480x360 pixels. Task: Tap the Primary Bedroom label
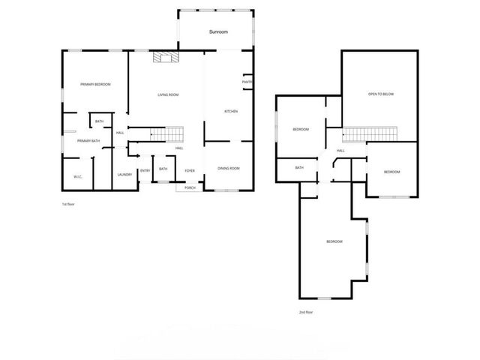click(96, 85)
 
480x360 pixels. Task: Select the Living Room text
click(168, 94)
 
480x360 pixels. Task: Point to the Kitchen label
click(231, 112)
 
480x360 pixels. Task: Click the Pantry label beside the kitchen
click(247, 82)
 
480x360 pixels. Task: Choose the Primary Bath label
click(88, 140)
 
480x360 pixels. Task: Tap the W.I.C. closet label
click(77, 176)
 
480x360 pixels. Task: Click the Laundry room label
click(124, 175)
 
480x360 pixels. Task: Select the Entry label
click(145, 170)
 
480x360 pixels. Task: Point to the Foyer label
click(190, 170)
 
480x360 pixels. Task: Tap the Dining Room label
click(229, 168)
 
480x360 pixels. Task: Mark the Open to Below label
click(380, 94)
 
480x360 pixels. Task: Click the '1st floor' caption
click(68, 204)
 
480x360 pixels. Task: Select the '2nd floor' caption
click(306, 312)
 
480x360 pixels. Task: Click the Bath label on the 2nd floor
click(298, 168)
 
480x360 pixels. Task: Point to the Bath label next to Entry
click(163, 169)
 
